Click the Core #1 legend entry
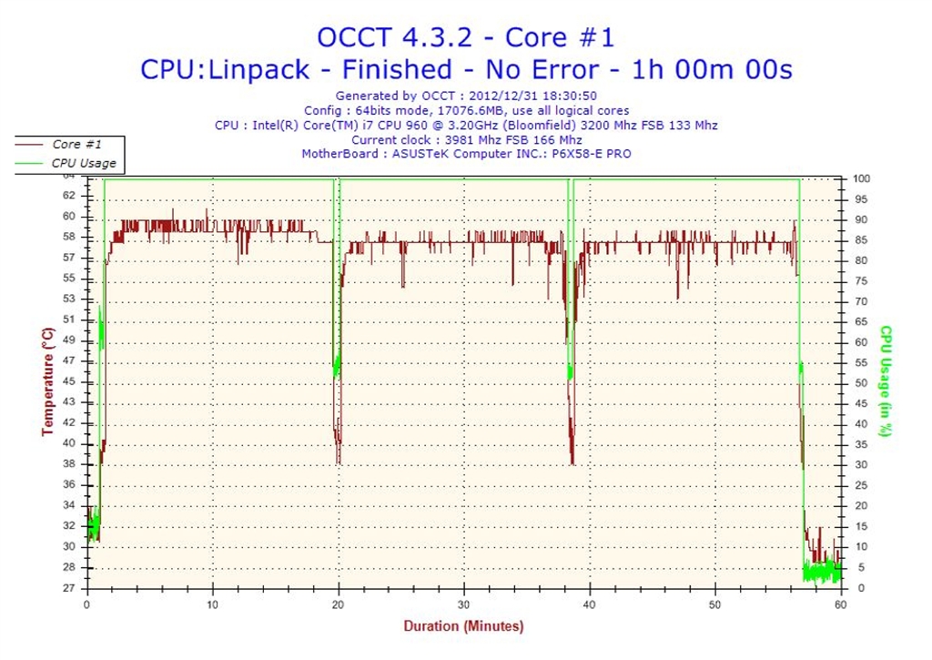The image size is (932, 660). click(77, 145)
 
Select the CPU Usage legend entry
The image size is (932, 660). click(83, 163)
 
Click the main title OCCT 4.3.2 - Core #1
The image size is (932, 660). click(465, 37)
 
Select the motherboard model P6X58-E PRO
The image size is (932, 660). click(590, 154)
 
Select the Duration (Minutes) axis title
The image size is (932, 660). click(463, 626)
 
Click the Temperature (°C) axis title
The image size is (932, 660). click(47, 382)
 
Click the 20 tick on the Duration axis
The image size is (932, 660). click(339, 604)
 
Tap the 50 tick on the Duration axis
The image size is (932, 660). click(715, 604)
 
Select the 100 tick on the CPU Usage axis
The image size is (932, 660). click(862, 179)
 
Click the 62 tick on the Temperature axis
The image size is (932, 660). click(69, 196)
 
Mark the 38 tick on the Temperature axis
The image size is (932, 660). click(69, 463)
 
